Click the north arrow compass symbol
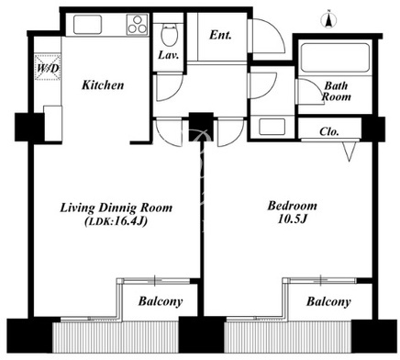click(x=328, y=20)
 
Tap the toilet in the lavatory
click(x=168, y=34)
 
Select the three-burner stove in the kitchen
click(x=138, y=24)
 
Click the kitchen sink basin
click(x=87, y=25)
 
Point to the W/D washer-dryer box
click(x=48, y=67)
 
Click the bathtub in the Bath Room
click(x=335, y=58)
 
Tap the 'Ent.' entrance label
click(x=220, y=35)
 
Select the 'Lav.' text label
click(x=168, y=55)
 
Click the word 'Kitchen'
click(x=103, y=84)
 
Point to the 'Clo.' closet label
click(x=329, y=131)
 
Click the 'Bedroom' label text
click(x=292, y=206)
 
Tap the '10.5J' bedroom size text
click(x=292, y=219)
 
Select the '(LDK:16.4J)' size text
click(x=116, y=221)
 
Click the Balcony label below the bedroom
click(x=328, y=302)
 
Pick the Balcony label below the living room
click(x=161, y=301)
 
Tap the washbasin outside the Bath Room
click(x=272, y=127)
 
